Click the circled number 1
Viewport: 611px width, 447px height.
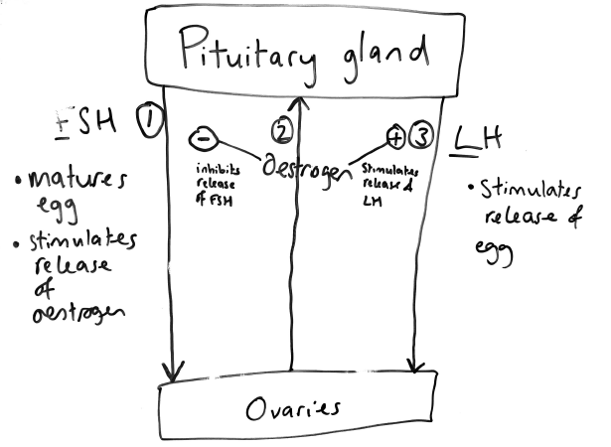[x=148, y=122]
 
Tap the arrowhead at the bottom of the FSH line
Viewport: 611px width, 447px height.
[x=173, y=372]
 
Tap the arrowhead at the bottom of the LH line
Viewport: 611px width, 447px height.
[x=415, y=365]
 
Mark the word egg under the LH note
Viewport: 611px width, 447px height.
[x=498, y=252]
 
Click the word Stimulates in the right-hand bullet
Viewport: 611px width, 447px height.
[x=518, y=189]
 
